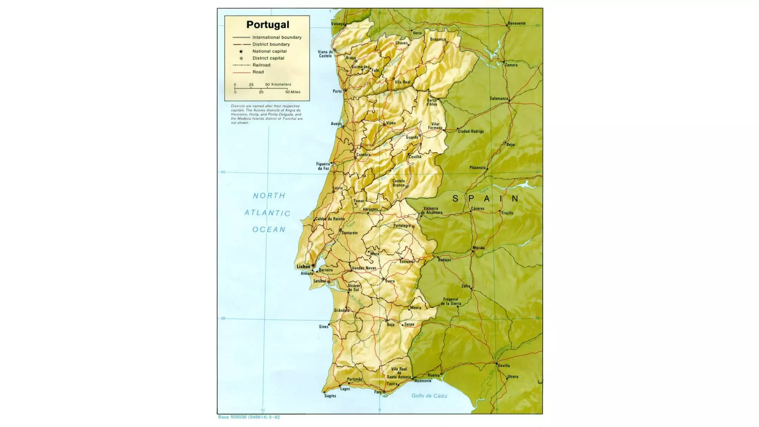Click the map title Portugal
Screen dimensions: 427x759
click(x=268, y=25)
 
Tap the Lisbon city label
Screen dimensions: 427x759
click(x=303, y=267)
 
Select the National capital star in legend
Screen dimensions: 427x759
click(x=241, y=51)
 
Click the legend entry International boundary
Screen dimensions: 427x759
click(x=276, y=37)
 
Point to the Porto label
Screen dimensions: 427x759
click(x=337, y=91)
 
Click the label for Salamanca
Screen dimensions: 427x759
click(x=498, y=99)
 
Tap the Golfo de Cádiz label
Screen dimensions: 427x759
click(x=429, y=396)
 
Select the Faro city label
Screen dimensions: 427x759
click(x=377, y=392)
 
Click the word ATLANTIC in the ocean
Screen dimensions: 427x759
click(x=267, y=213)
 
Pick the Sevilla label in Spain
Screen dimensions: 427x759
click(x=504, y=365)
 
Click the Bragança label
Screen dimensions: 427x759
click(x=438, y=39)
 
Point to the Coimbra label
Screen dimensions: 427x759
click(x=363, y=155)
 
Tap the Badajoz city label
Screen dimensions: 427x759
click(x=444, y=260)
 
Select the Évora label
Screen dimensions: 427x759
click(x=390, y=281)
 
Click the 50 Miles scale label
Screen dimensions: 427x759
click(x=293, y=92)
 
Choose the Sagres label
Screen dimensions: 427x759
click(x=330, y=396)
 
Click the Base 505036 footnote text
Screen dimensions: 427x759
click(x=249, y=417)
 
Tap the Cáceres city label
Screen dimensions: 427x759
click(x=477, y=208)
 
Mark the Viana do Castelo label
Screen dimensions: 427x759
click(x=325, y=54)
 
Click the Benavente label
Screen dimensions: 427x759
click(x=517, y=23)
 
